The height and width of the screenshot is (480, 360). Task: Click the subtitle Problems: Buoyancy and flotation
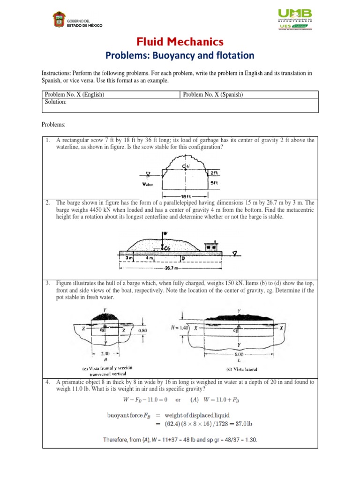180,56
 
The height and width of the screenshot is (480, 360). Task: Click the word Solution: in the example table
56,102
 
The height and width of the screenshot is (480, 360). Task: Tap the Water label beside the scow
148,184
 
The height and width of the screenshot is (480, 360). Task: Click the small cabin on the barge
212,246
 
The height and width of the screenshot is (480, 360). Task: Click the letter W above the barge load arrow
165,233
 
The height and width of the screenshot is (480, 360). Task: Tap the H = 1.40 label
179,328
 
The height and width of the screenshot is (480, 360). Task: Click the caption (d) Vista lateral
242,369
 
